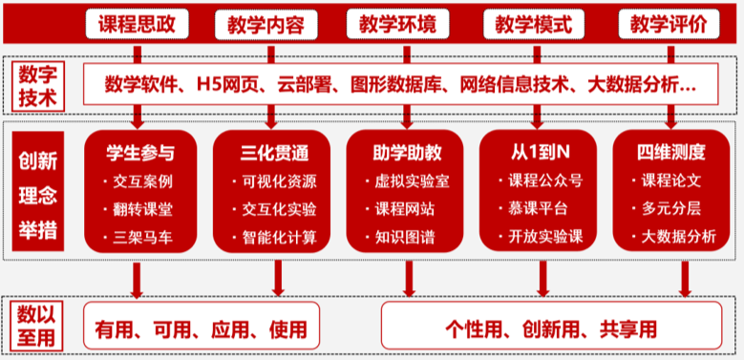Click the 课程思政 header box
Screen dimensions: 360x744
(x=138, y=23)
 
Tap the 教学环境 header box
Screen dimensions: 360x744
(x=410, y=23)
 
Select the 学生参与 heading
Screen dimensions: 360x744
(x=139, y=151)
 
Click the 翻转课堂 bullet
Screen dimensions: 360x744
(x=144, y=207)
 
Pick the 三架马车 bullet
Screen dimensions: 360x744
(x=144, y=236)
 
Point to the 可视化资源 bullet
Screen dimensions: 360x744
(x=280, y=180)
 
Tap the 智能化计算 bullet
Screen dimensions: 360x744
(x=280, y=236)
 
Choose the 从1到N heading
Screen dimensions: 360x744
(x=540, y=151)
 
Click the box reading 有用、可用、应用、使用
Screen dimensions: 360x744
(x=202, y=329)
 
